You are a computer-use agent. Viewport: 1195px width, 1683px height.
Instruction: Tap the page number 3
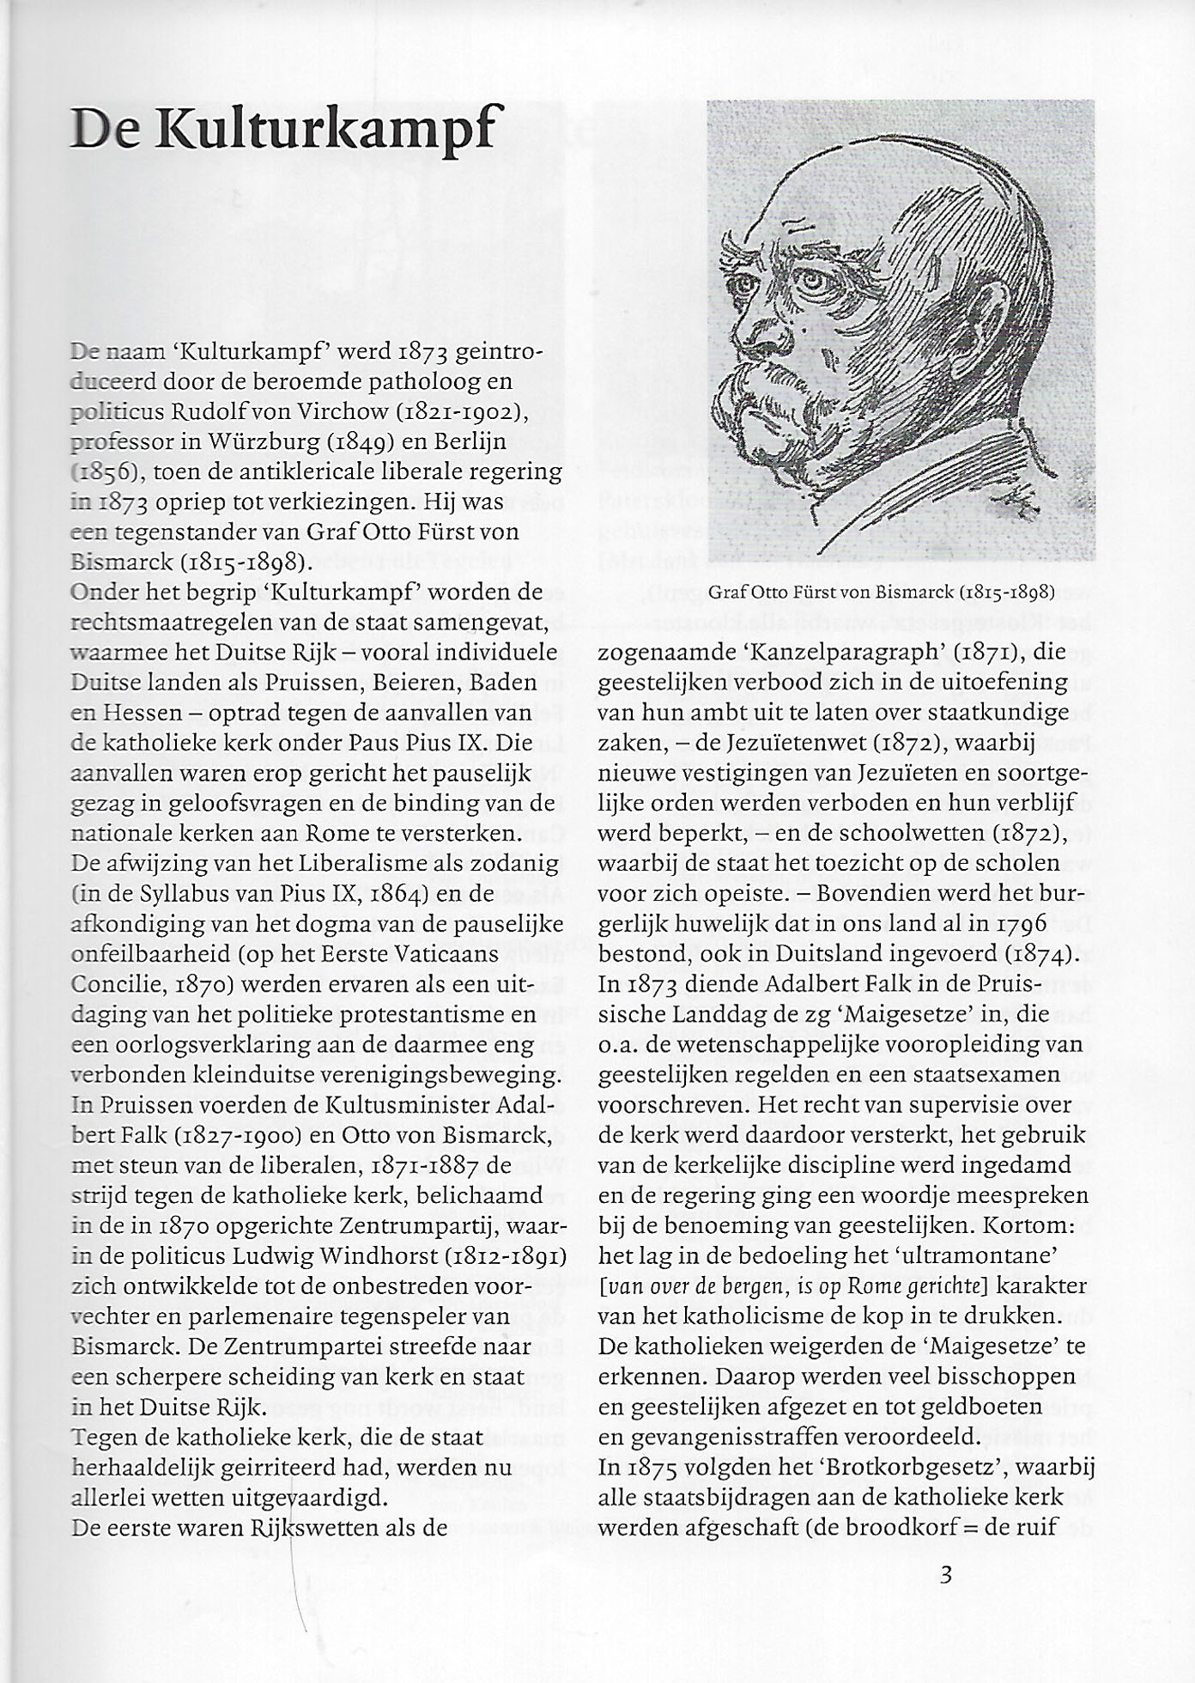pos(946,1575)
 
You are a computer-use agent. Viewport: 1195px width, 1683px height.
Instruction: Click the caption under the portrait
pos(881,592)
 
